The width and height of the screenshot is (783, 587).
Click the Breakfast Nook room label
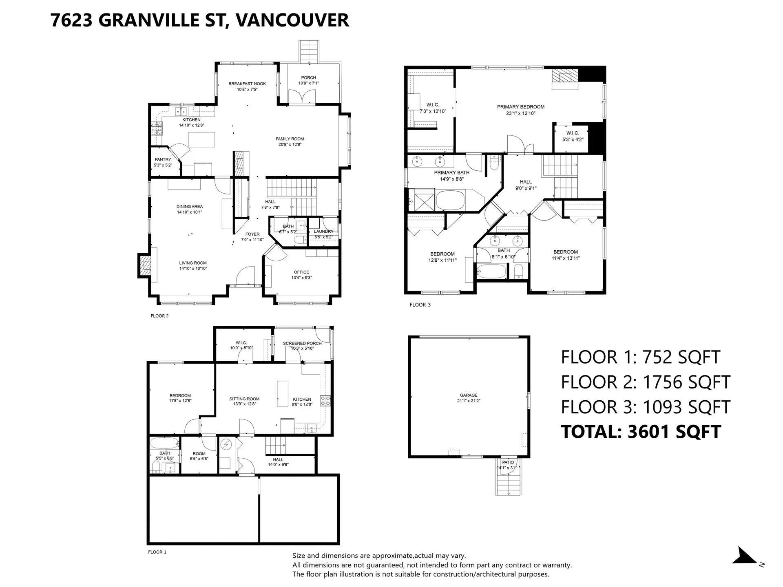247,84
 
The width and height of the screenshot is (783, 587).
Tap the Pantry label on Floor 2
163,159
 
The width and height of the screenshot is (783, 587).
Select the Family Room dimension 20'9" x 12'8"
290,144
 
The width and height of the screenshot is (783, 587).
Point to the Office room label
301,272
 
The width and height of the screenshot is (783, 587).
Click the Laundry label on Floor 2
323,232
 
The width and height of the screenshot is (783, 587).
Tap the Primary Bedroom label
520,107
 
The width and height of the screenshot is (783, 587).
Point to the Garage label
469,395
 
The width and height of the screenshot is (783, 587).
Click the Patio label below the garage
508,462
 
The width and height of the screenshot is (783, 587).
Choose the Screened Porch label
302,343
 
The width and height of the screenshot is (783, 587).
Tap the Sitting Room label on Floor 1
244,399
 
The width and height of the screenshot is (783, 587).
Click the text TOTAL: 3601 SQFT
641,432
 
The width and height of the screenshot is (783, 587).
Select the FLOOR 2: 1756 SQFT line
645,382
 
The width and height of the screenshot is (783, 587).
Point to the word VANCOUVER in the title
292,20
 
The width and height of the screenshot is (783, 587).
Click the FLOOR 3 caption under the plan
420,305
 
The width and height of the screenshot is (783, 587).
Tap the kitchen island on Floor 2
201,139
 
